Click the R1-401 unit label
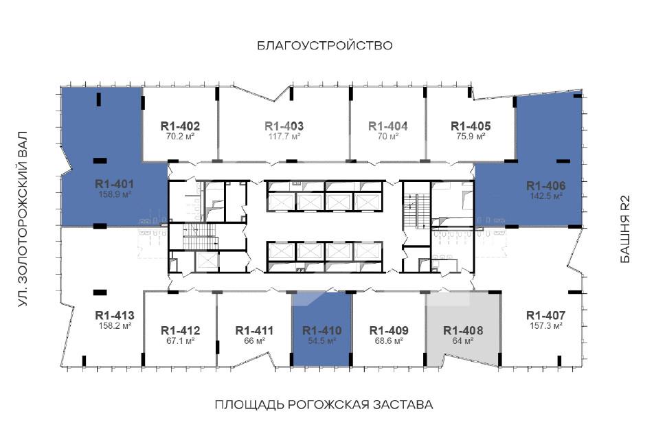point(114,184)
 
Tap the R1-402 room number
point(180,126)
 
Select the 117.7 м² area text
point(284,137)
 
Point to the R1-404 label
point(388,126)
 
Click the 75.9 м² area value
point(471,137)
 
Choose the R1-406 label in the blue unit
point(546,186)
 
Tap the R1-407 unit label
point(546,316)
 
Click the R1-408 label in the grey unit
point(463,331)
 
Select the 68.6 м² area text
point(389,341)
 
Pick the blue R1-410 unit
point(322,329)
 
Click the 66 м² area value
point(255,341)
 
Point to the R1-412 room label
point(180,331)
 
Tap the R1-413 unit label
point(115,316)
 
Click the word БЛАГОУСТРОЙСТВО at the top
point(325,45)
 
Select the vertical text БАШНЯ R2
point(625,229)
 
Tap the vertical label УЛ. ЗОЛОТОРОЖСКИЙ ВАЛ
point(23,220)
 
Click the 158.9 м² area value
point(115,194)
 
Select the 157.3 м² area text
point(546,325)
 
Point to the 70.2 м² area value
point(180,137)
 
